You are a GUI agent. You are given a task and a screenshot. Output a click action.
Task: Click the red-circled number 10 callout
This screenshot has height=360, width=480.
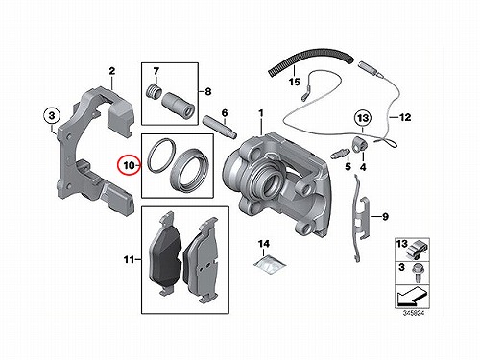(x=129, y=165)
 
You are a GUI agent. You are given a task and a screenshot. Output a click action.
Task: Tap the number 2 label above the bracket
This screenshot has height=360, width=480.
(x=111, y=71)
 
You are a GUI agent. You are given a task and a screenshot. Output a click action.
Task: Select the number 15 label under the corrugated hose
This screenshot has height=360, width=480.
(x=295, y=82)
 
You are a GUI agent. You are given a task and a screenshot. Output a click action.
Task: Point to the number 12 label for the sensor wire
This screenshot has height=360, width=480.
(x=405, y=117)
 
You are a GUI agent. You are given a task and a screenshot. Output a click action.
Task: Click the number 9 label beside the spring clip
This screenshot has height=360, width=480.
(x=385, y=217)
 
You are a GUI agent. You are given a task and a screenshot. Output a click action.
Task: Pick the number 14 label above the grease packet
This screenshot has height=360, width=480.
(x=264, y=244)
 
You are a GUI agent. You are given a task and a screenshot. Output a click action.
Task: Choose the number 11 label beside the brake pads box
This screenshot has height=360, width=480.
(x=129, y=259)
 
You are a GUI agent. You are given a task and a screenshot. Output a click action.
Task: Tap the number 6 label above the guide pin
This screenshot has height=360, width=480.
(x=225, y=113)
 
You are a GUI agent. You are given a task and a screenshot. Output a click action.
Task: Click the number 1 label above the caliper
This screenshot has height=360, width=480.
(x=261, y=113)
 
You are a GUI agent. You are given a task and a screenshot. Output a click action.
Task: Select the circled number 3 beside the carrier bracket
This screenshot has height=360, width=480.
(x=52, y=115)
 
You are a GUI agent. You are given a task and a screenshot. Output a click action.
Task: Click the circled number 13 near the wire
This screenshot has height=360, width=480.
(x=363, y=118)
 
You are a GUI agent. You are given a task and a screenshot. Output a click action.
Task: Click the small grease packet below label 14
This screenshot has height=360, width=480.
(x=270, y=264)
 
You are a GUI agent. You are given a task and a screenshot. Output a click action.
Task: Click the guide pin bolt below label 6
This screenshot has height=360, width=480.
(x=220, y=128)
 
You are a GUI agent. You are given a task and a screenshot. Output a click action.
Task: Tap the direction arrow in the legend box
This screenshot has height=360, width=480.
(x=412, y=296)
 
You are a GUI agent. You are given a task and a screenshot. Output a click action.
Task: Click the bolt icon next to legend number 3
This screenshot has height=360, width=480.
(x=417, y=273)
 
